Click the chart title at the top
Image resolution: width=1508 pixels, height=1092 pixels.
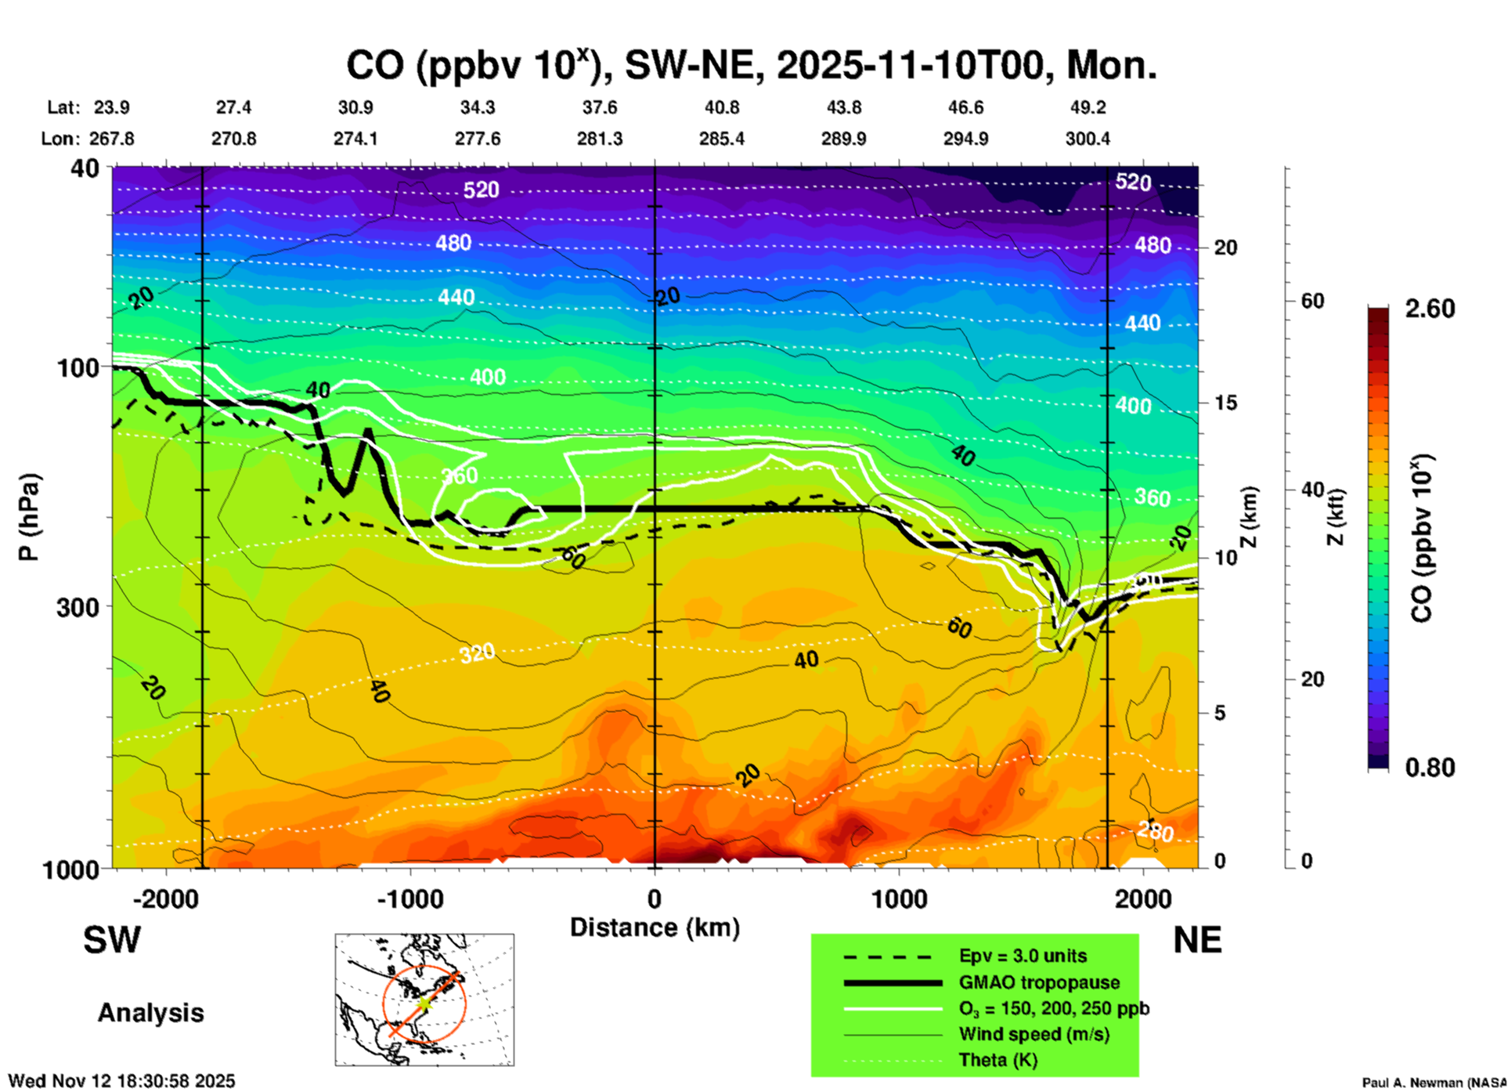tap(752, 65)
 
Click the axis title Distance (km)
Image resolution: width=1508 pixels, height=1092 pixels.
tap(655, 927)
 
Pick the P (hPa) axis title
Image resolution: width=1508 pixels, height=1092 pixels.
tap(29, 517)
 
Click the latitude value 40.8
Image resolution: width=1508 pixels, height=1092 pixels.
tap(722, 107)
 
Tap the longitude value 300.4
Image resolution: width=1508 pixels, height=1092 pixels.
tap(1088, 139)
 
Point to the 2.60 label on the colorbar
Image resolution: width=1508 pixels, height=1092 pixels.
tap(1430, 309)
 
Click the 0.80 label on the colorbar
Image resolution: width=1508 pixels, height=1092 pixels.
tap(1430, 767)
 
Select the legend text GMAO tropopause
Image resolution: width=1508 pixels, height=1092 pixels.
tap(1039, 982)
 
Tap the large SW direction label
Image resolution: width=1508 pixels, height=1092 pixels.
tap(112, 940)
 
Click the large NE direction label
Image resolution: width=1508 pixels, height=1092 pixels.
tap(1197, 940)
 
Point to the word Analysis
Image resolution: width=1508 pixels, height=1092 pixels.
tap(150, 1013)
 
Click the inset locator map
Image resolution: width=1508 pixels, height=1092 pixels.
tap(424, 1000)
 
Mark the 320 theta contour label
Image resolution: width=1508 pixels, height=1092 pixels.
tap(477, 653)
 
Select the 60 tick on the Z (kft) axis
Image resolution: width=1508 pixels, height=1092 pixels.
tap(1312, 301)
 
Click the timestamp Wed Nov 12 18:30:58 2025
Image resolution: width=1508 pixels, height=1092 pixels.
tap(121, 1081)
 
